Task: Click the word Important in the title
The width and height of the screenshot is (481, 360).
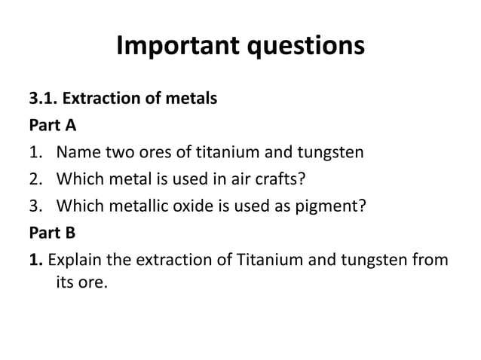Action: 175,46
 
